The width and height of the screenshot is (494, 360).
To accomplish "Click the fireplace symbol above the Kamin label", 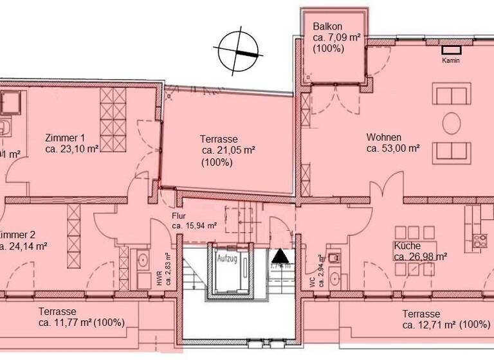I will [451, 49].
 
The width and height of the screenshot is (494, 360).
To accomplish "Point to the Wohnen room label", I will [384, 138].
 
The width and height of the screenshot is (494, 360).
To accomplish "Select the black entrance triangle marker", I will [282, 256].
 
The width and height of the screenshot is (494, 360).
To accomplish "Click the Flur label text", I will [179, 217].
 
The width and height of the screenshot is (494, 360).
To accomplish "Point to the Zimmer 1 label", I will [65, 138].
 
